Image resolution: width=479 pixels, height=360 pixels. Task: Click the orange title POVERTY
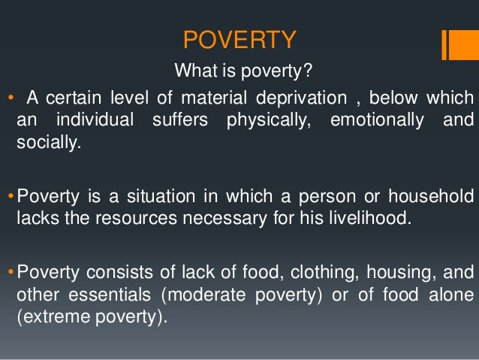coord(240,40)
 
